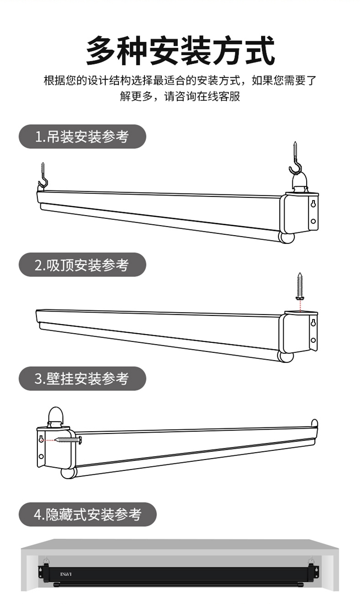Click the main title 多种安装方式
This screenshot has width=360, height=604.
coord(180,50)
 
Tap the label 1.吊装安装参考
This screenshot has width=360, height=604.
coord(82,137)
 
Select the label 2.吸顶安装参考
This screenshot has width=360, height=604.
coord(82,265)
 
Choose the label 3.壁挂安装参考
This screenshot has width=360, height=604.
coord(82,378)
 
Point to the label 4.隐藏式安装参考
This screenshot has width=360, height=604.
coord(88,515)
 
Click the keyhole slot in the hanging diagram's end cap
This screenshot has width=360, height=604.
coord(312,204)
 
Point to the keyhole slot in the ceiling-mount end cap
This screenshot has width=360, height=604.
coord(313,322)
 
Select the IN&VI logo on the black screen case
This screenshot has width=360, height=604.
coord(66,574)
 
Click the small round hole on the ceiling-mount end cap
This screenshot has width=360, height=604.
coord(313,340)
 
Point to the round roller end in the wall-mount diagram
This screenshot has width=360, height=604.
coord(69,472)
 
